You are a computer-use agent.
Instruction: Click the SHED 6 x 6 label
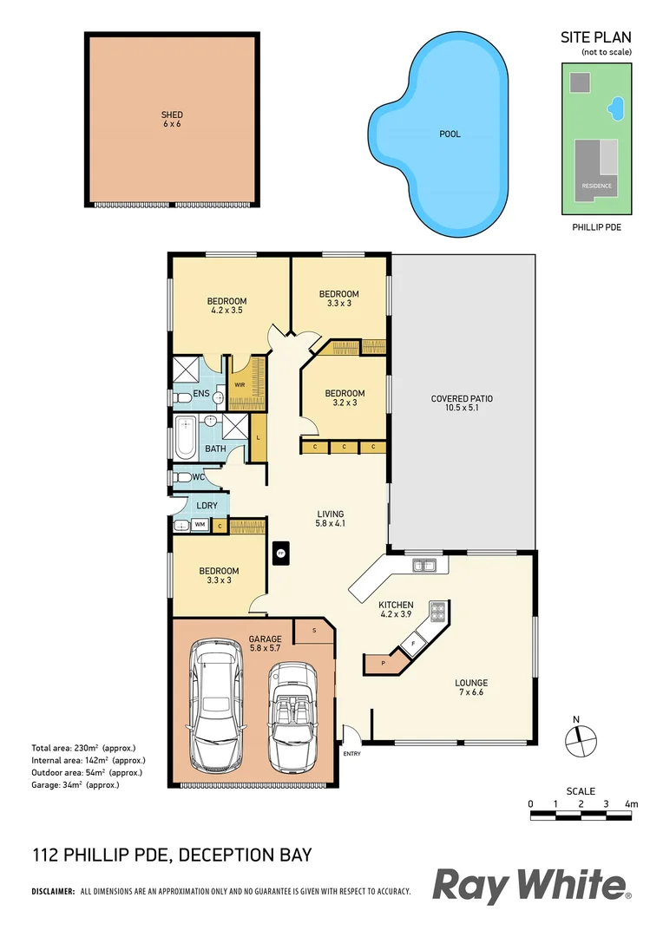[x=172, y=119]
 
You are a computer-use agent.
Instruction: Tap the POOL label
[x=450, y=134]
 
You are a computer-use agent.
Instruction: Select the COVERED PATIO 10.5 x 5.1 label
[x=462, y=403]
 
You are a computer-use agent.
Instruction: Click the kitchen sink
[x=424, y=567]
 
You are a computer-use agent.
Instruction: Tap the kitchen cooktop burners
[x=438, y=613]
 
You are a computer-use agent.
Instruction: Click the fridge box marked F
[x=414, y=643]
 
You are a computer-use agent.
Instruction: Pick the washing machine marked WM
[x=200, y=524]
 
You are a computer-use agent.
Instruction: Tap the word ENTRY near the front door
[x=351, y=753]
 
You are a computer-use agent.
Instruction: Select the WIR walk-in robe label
[x=240, y=384]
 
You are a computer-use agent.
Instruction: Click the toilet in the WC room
[x=183, y=477]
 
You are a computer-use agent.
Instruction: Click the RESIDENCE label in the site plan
[x=596, y=186]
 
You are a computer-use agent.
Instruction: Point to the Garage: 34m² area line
[x=75, y=784]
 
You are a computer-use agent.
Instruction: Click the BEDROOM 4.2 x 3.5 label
[x=227, y=305]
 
